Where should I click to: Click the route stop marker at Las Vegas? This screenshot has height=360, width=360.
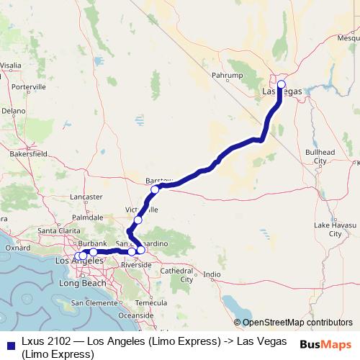pyautogui.click(x=281, y=84)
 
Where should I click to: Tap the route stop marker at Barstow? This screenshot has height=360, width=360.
pyautogui.click(x=155, y=189)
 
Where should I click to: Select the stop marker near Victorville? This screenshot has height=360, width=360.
pyautogui.click(x=138, y=220)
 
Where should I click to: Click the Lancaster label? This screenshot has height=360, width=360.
pyautogui.click(x=87, y=196)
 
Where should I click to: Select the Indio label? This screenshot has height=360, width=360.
pyautogui.click(x=212, y=274)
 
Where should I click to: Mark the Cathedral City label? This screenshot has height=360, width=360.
pyautogui.click(x=176, y=275)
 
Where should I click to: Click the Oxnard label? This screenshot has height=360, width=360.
pyautogui.click(x=14, y=248)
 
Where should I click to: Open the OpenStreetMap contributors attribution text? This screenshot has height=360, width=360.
pyautogui.click(x=297, y=322)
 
